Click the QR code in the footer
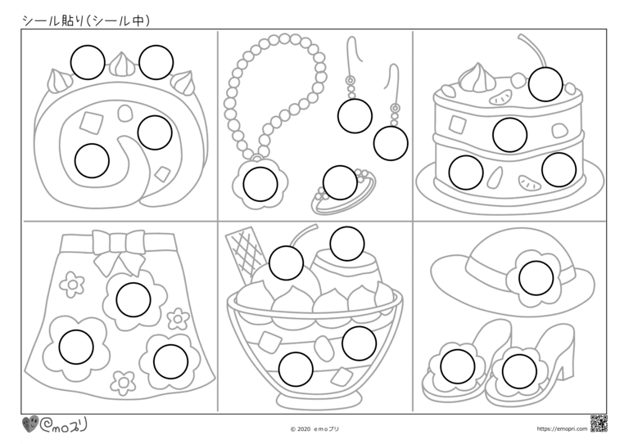[599, 424]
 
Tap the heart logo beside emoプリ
[30, 424]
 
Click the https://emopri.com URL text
[562, 428]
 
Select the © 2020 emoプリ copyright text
[314, 428]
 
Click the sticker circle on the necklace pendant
[260, 184]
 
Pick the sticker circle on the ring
[340, 182]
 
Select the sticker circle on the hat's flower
[536, 278]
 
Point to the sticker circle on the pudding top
[347, 244]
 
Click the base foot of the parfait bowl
[314, 398]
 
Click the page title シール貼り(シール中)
[86, 20]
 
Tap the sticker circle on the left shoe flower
[457, 366]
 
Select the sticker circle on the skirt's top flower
[133, 299]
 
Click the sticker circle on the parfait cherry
[286, 263]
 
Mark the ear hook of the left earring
[354, 50]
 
